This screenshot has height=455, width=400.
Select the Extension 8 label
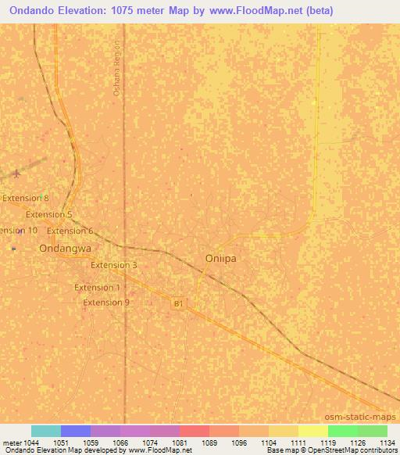tap(25, 199)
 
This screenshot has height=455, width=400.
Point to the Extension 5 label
tap(48, 214)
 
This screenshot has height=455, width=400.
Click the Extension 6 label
tap(70, 231)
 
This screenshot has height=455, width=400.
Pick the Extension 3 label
tap(113, 265)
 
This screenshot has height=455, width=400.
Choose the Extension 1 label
tap(97, 288)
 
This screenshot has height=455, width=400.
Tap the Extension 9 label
tap(106, 303)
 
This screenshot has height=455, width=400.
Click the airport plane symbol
tap(17, 174)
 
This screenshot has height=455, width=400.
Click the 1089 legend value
tap(209, 442)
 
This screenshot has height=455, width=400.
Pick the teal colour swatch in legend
tap(46, 431)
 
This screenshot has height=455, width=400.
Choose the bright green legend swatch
tap(343, 431)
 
